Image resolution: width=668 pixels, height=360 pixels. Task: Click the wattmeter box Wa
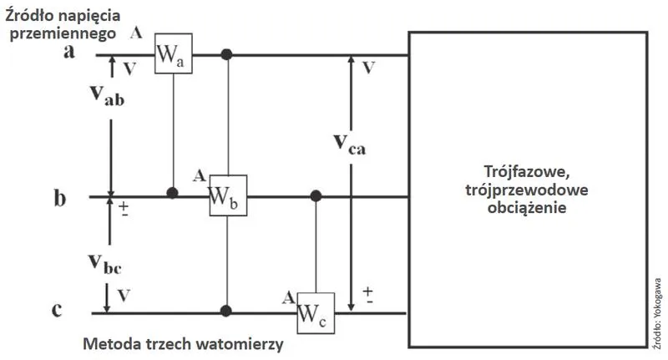pos(174,53)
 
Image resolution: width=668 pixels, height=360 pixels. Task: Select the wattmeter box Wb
pos(228,195)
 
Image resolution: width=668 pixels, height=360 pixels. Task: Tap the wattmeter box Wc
pos(316,313)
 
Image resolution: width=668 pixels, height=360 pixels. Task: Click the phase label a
pos(69,51)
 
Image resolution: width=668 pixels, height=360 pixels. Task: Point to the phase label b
pos(60,198)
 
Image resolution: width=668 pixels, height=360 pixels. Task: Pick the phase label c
pos(57,310)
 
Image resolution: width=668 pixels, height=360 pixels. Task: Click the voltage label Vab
pos(108,95)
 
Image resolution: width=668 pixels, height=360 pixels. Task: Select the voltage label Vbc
pos(105,263)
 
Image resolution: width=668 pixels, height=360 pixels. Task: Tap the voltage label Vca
pos(350,144)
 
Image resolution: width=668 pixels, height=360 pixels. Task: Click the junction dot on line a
pos(226,54)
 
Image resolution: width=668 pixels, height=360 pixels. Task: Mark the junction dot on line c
pos(226,311)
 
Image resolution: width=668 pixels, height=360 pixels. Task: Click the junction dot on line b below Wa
pos(172,193)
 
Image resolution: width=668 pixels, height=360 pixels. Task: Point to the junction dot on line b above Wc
pos(316,196)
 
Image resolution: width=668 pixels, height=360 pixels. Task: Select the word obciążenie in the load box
pos(527,208)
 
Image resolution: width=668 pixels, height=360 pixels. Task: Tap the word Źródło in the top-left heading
pos(28,15)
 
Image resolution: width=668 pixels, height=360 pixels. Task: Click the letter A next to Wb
pos(199,175)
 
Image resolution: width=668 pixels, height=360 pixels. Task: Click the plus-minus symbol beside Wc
pos(367,295)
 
